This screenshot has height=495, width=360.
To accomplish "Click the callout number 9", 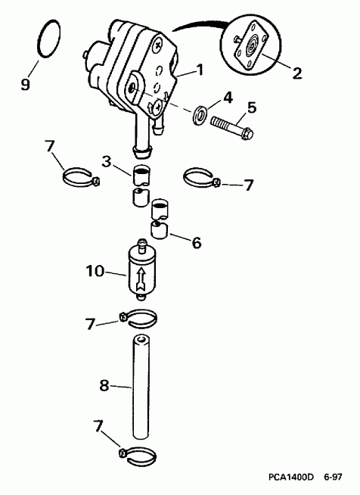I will coord(26,83).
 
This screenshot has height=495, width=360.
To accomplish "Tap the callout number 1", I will coord(200,70).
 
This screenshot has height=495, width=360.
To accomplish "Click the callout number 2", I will coord(297,73).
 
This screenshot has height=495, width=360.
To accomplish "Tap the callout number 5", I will coord(253,107).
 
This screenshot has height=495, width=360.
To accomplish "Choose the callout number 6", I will coord(196,243).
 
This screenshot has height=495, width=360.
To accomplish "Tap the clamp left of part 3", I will coord(80,179).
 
